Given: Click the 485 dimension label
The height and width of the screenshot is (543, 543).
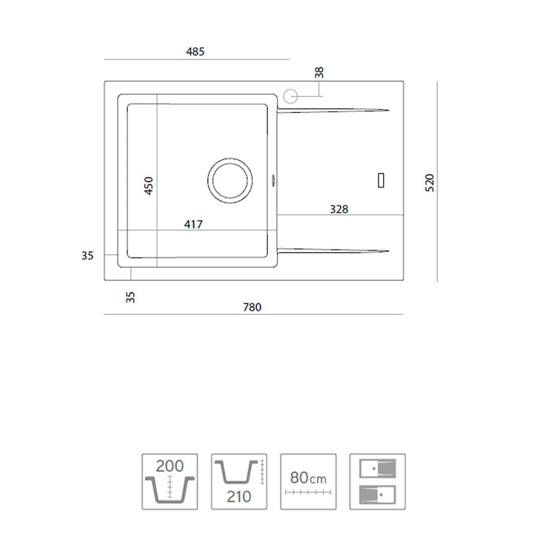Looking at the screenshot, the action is click(x=195, y=51).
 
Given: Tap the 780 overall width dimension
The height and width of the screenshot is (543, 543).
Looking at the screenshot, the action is click(x=252, y=307).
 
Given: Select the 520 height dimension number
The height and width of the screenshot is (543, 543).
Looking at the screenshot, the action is click(x=429, y=182).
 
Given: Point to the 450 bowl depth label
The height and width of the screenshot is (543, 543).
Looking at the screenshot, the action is click(x=148, y=185).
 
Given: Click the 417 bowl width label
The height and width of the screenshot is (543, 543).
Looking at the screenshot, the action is click(x=193, y=224).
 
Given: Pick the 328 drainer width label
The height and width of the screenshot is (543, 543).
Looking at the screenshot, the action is click(x=339, y=209).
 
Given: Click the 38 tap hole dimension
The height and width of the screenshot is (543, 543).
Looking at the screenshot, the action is click(x=319, y=72).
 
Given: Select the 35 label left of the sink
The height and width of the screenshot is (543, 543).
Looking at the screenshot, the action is click(x=88, y=256).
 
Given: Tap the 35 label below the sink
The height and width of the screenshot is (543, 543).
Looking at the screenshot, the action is click(x=130, y=297).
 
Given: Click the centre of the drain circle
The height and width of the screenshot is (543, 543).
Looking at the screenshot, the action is click(x=230, y=180).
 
